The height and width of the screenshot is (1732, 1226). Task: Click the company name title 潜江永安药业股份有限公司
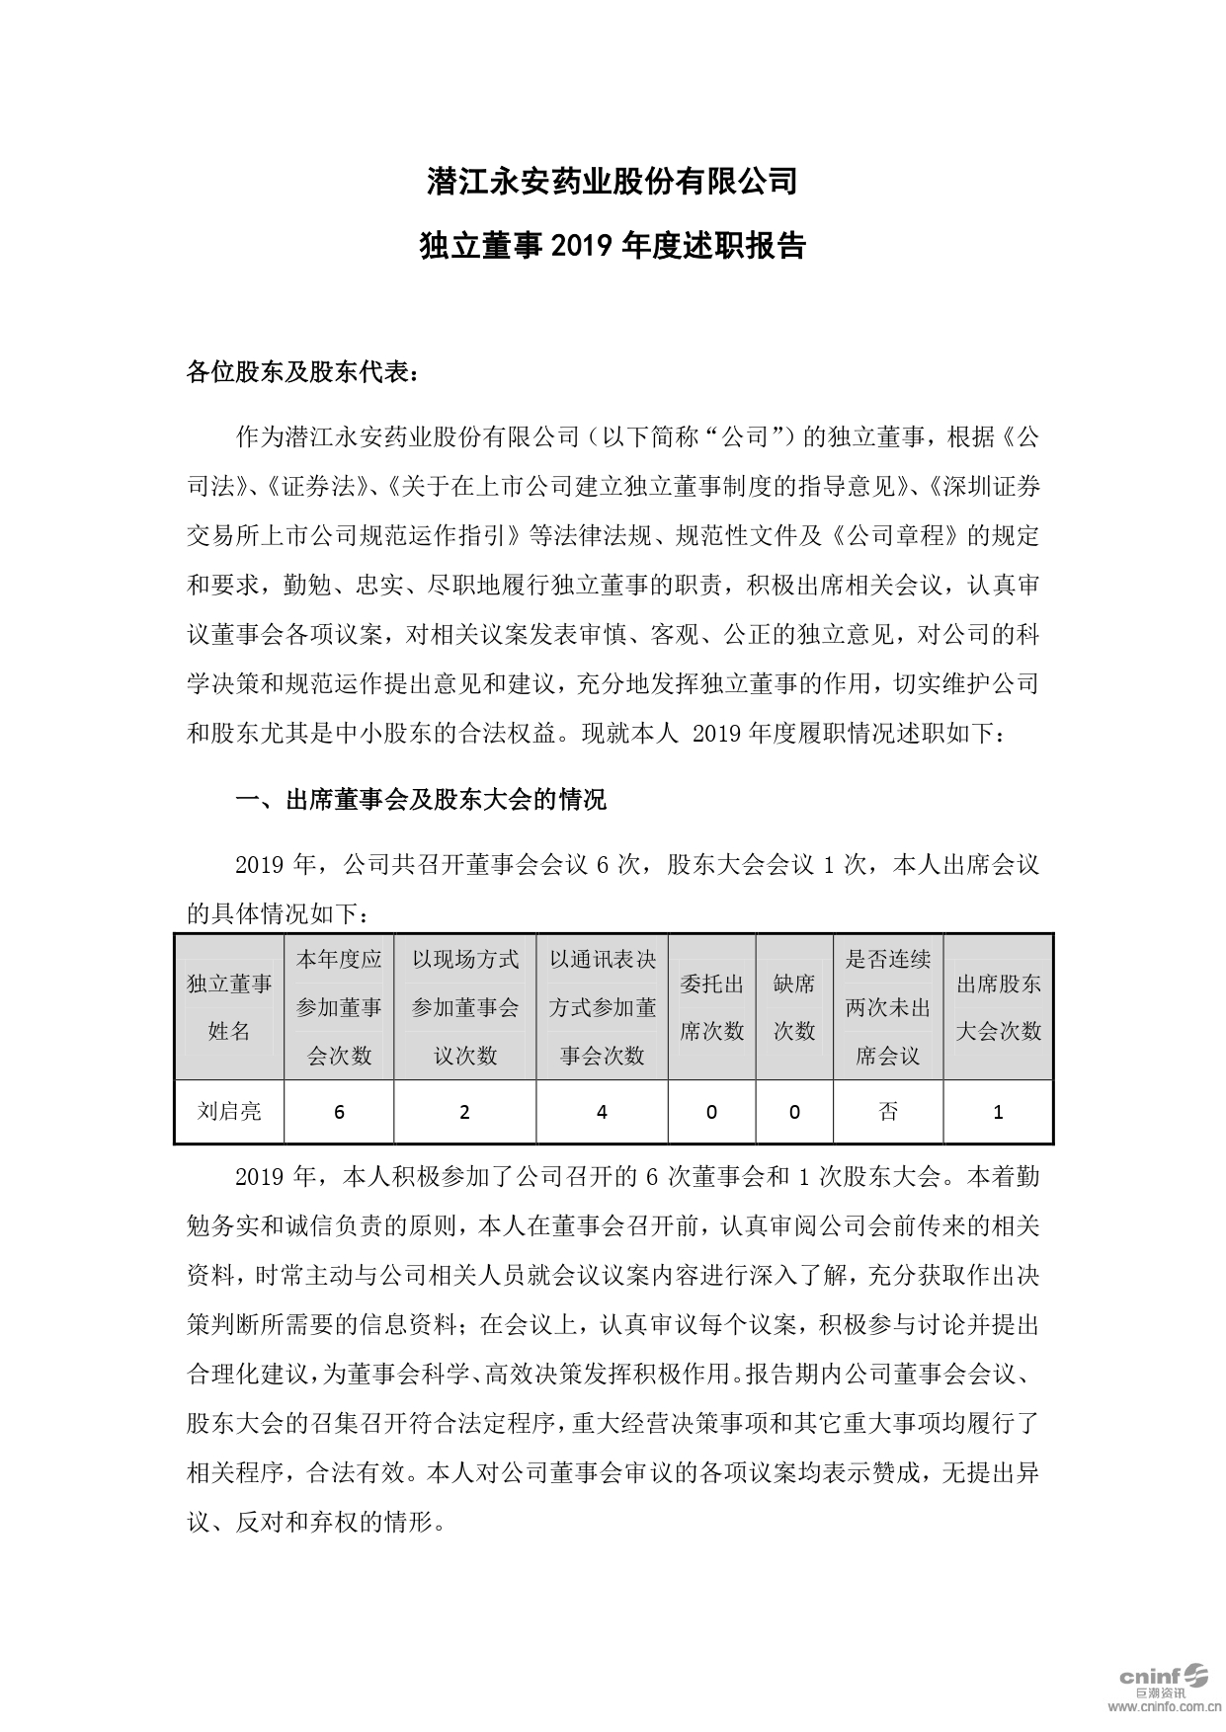pyautogui.click(x=612, y=182)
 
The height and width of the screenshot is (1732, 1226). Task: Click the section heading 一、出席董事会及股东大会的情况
pyautogui.click(x=421, y=800)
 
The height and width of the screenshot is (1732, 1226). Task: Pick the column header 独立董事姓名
pyautogui.click(x=229, y=1007)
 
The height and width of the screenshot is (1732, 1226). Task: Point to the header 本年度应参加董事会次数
pyautogui.click(x=339, y=1007)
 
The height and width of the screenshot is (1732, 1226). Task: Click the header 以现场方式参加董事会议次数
pyautogui.click(x=464, y=1007)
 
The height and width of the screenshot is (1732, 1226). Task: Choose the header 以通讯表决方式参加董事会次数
pyautogui.click(x=602, y=1007)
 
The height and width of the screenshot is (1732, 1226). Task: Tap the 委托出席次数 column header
pyautogui.click(x=711, y=1007)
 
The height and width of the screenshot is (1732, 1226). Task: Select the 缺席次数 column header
pyautogui.click(x=794, y=1007)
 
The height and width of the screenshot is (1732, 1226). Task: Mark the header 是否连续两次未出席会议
pyautogui.click(x=887, y=1007)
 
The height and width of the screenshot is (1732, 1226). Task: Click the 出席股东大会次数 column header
pyautogui.click(x=998, y=1007)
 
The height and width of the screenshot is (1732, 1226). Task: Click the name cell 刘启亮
pyautogui.click(x=229, y=1112)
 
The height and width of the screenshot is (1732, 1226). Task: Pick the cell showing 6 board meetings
pyautogui.click(x=339, y=1112)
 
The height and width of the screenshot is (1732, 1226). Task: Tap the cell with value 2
pyautogui.click(x=464, y=1112)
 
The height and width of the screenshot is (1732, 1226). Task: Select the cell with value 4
pyautogui.click(x=602, y=1112)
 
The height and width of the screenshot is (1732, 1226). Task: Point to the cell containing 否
pyautogui.click(x=887, y=1112)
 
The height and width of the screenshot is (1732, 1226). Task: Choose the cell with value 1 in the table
pyautogui.click(x=998, y=1112)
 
